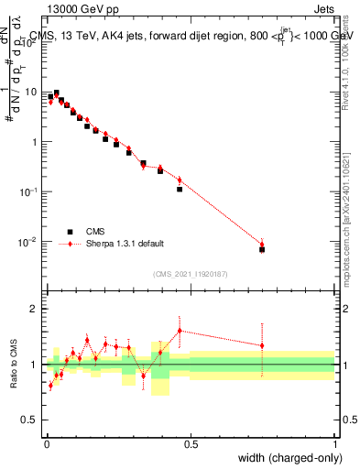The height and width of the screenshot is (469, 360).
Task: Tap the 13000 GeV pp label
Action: point(82,9)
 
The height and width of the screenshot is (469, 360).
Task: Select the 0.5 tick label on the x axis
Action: point(191,444)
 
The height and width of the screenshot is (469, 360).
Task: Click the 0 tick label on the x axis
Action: point(47,444)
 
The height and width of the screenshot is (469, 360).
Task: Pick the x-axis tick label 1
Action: point(335,444)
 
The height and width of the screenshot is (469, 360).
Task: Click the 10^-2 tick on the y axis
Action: point(29,242)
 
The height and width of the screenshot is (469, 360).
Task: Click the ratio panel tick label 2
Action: point(35,309)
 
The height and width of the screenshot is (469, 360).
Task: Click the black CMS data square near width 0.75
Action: point(262,249)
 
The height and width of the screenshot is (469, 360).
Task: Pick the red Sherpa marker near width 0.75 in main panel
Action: point(262,244)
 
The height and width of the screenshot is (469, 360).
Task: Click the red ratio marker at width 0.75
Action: point(262,345)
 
